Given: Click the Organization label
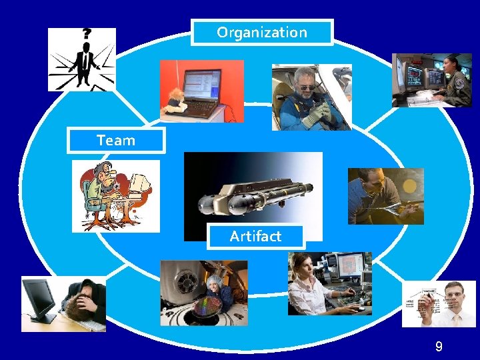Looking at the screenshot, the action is [262, 32].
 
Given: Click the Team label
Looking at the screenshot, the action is [115, 141].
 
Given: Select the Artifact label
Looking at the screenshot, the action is [255, 236].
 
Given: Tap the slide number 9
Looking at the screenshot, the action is [438, 346].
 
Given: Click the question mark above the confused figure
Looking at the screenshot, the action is [86, 33].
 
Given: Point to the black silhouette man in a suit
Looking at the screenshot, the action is [84, 63].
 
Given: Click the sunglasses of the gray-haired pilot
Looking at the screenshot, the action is [305, 85].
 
